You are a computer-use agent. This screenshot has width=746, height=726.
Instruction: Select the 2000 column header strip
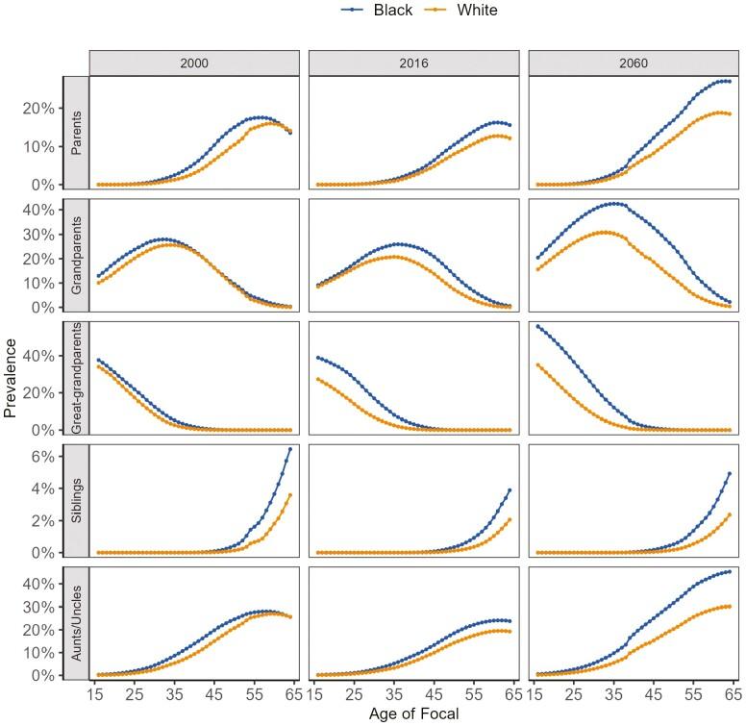(x=196, y=62)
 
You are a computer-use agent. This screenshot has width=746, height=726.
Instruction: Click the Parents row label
(x=77, y=134)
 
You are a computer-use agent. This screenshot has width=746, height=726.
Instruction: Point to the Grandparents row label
(x=77, y=256)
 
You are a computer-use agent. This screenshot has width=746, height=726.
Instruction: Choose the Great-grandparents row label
(x=77, y=378)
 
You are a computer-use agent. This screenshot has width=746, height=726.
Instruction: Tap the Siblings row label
(x=77, y=500)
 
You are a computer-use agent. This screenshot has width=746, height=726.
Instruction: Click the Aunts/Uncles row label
(x=77, y=622)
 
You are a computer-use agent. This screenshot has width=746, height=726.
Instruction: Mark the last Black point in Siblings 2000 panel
(x=290, y=449)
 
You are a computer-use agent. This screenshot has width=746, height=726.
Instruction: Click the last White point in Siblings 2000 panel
(x=290, y=495)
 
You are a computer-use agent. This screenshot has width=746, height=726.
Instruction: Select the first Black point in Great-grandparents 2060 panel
(x=537, y=326)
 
